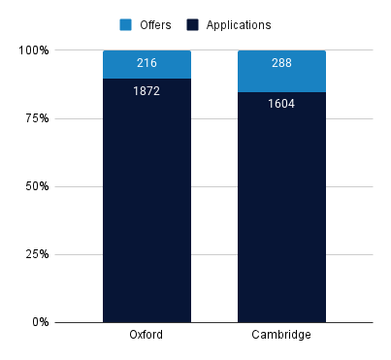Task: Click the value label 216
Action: pyautogui.click(x=147, y=64)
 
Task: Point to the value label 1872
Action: pyautogui.click(x=147, y=91)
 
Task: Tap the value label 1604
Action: pyautogui.click(x=281, y=104)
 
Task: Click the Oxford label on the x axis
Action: pyautogui.click(x=147, y=336)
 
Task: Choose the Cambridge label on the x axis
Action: pyautogui.click(x=281, y=336)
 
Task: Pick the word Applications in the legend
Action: pyautogui.click(x=238, y=24)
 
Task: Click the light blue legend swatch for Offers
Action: pyautogui.click(x=127, y=24)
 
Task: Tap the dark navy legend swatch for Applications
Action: pyautogui.click(x=192, y=24)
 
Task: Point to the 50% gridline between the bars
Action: pyautogui.click(x=214, y=186)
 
